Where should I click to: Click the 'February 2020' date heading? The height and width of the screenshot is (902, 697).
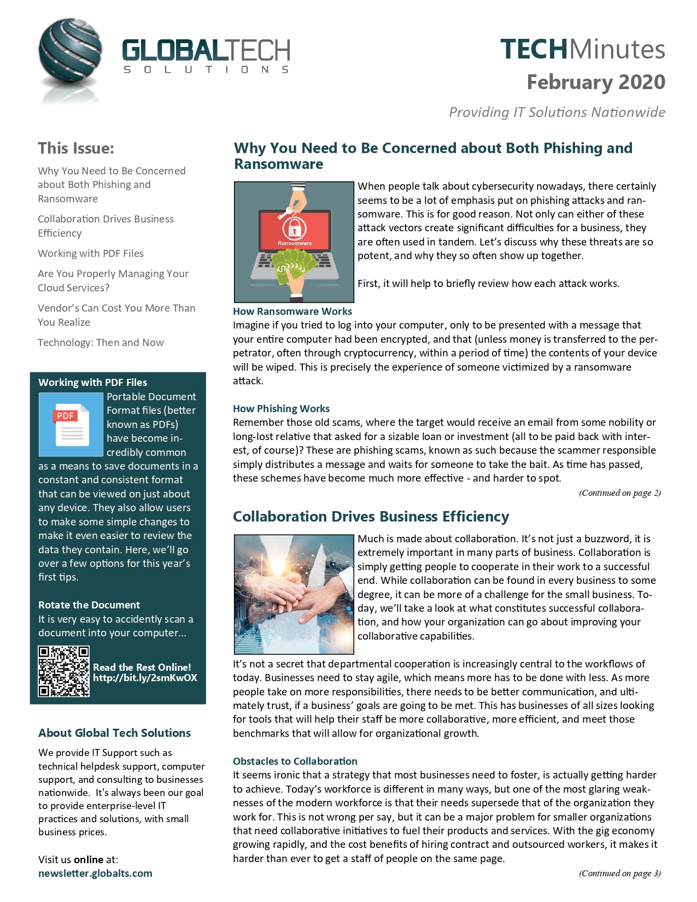596,82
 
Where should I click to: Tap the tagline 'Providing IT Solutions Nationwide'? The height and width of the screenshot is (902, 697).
557,112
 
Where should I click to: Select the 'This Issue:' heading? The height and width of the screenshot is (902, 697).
76,148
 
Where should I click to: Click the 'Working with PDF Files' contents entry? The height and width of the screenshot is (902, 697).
91,253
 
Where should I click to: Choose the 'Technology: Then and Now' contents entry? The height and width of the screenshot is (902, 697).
101,343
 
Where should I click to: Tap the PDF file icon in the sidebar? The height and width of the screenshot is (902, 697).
71,425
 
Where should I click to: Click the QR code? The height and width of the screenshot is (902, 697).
63,671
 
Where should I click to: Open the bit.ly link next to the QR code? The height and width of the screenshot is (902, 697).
145,678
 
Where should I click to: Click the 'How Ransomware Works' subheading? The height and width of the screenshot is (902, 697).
292,311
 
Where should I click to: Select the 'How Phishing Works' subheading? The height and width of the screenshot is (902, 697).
281,408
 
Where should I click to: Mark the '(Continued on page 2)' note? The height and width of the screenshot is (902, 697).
620,493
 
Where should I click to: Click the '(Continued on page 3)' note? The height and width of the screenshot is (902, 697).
620,873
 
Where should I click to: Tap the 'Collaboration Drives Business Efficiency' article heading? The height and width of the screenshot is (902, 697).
371,517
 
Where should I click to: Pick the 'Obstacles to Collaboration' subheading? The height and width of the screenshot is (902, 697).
295,761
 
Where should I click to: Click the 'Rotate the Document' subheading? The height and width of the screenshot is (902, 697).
89,605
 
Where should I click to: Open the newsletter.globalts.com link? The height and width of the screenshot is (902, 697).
95,873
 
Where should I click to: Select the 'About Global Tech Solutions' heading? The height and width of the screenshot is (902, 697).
114,733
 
